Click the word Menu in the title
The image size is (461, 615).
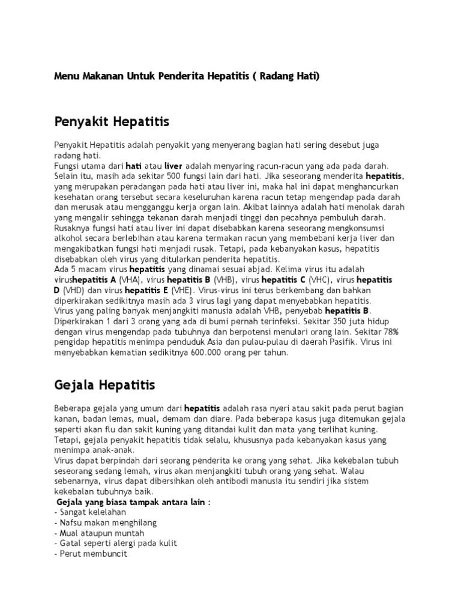click(65, 76)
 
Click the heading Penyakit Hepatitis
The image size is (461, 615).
click(112, 122)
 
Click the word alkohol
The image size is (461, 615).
click(67, 238)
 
